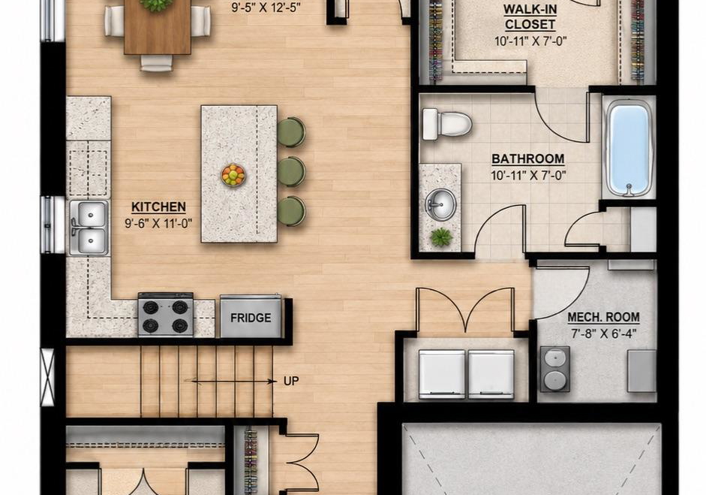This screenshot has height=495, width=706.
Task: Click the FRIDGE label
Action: click(x=251, y=318)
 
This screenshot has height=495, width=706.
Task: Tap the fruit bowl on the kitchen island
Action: click(x=233, y=175)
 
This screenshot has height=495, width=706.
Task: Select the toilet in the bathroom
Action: click(x=446, y=124)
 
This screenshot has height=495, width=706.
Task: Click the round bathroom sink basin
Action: click(x=441, y=204)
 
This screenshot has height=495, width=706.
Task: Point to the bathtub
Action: click(x=629, y=148)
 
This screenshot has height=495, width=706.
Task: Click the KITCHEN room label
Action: click(x=158, y=207)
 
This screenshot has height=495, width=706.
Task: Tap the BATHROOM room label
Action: click(x=527, y=158)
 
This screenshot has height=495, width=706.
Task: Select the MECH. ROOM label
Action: click(x=603, y=318)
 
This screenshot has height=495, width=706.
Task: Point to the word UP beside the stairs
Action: click(x=291, y=382)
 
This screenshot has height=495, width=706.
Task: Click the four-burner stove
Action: click(x=166, y=315)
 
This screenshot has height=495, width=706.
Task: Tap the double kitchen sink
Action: click(x=89, y=228)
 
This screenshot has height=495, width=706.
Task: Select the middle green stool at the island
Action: click(x=291, y=171)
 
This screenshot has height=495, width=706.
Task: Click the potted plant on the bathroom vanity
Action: click(x=441, y=236)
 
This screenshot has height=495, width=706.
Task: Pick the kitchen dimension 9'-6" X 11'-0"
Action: click(x=158, y=222)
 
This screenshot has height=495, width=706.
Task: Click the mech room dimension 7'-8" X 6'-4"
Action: click(x=603, y=334)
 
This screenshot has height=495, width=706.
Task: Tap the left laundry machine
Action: click(x=442, y=374)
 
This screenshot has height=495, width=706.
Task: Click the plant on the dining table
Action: click(x=155, y=5)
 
